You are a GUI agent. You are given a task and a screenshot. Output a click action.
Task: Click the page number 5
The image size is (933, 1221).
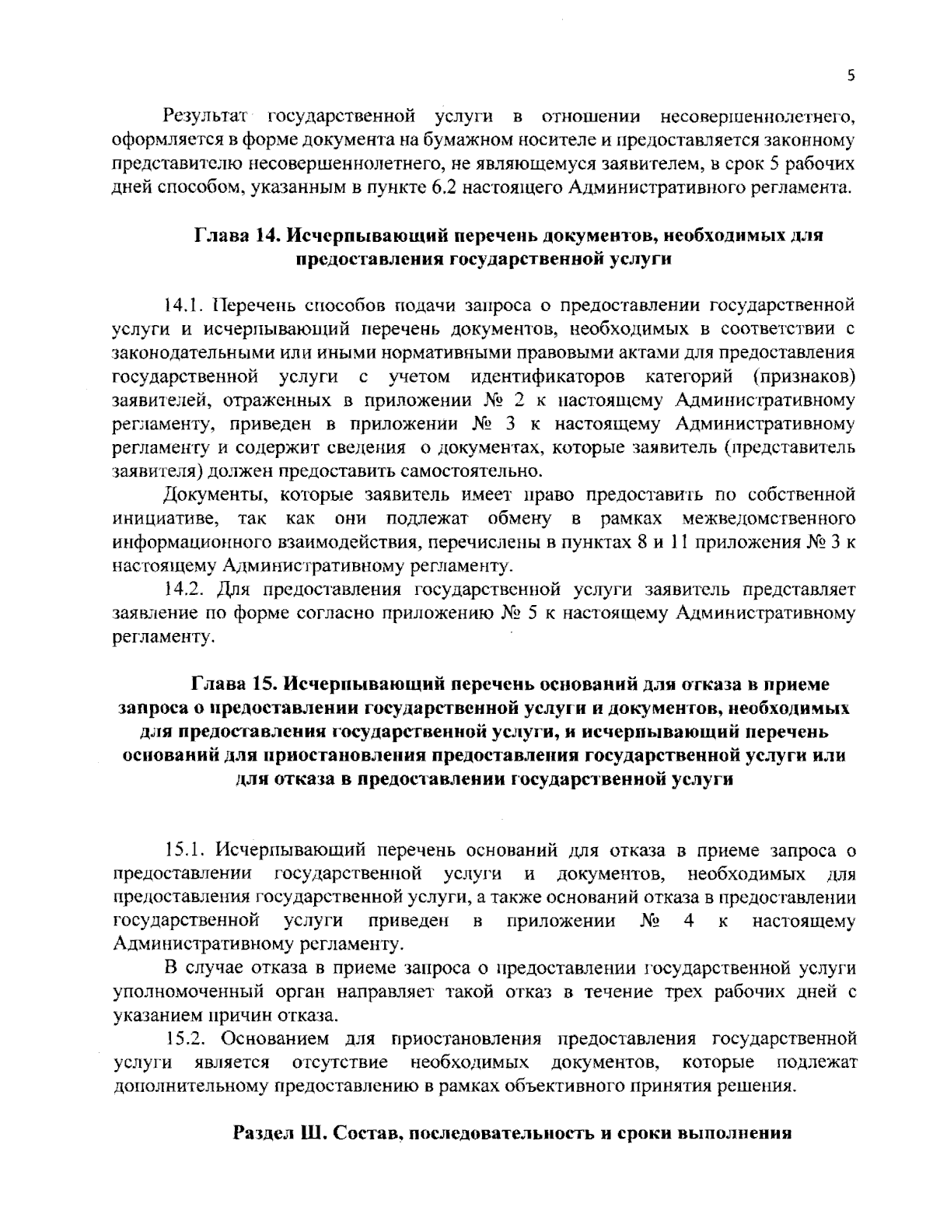pos(851,75)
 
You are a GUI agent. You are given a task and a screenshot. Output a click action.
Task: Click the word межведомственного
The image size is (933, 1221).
pos(769,518)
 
